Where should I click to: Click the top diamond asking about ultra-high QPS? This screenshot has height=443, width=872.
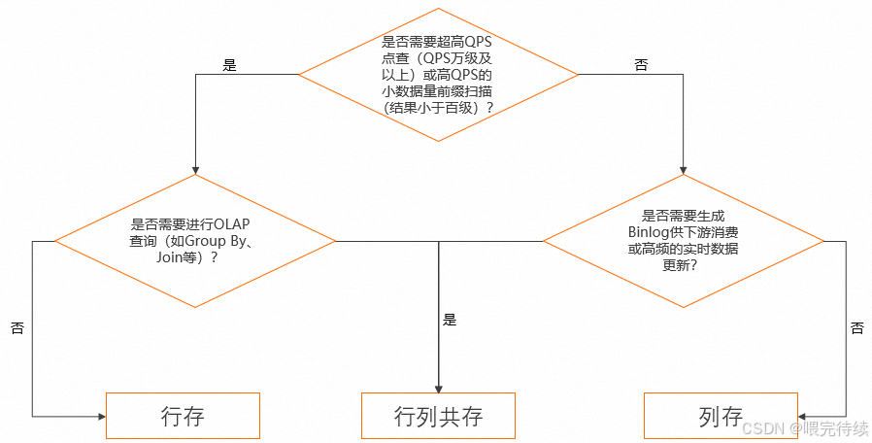(437, 75)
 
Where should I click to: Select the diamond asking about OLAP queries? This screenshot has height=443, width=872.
(195, 241)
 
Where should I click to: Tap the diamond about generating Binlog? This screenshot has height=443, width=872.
(683, 241)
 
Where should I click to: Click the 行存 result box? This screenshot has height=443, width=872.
(183, 416)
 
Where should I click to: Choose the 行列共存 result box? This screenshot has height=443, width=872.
(438, 416)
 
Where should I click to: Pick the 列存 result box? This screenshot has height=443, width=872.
(721, 416)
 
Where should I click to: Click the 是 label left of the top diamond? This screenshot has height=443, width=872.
(230, 66)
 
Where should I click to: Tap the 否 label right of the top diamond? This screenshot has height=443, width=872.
(641, 66)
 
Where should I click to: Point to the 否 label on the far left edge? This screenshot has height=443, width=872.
(17, 328)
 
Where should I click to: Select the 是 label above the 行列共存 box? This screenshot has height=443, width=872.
(449, 319)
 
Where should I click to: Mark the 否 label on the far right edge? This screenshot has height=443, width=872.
(856, 328)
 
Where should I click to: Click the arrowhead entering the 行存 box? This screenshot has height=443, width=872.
(100, 416)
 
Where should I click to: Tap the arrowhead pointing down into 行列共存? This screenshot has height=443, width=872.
(438, 388)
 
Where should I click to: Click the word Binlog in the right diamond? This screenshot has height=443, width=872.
(648, 233)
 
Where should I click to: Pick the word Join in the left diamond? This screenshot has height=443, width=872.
(171, 258)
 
